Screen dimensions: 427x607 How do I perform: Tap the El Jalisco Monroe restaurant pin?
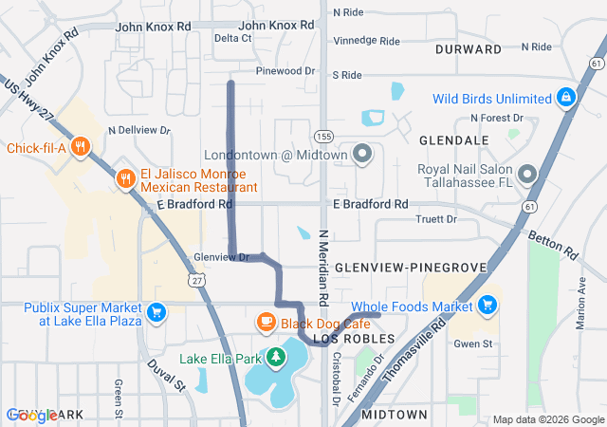coord(125,179)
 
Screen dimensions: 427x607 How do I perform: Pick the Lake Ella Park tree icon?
coord(275,359)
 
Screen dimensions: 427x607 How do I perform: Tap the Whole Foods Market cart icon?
coord(487,306)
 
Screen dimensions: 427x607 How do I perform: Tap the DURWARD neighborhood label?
coord(468,48)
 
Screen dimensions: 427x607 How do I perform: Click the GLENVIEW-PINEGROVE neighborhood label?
coord(410,269)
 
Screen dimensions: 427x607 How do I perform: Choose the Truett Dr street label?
coord(435,219)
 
